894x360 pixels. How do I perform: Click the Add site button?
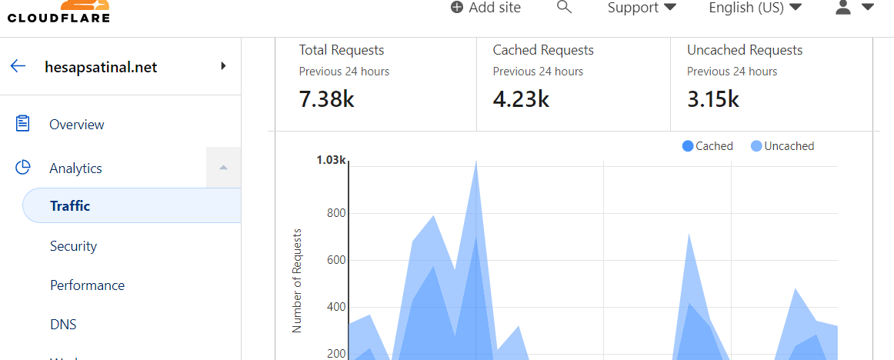(x=485, y=8)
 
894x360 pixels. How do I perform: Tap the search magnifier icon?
(x=564, y=7)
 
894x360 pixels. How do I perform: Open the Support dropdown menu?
(x=642, y=8)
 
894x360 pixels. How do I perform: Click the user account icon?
(x=842, y=7)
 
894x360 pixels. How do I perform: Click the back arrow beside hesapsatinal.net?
(x=18, y=66)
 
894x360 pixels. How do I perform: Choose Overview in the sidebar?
(x=77, y=124)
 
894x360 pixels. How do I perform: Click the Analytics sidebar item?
(x=76, y=168)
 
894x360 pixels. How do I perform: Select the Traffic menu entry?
(x=70, y=205)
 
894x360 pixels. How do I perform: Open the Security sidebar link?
(x=74, y=246)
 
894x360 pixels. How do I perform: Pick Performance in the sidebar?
(x=87, y=285)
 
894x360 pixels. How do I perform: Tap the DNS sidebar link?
(x=63, y=325)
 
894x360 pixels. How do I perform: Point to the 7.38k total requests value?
(x=327, y=99)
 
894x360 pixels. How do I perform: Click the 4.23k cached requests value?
(x=521, y=99)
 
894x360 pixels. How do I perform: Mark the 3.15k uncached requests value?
(x=713, y=99)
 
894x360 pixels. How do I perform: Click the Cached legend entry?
(x=708, y=146)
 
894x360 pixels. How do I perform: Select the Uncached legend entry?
(x=782, y=146)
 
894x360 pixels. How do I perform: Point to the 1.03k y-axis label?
(x=332, y=159)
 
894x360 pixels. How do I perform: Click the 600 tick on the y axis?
(x=335, y=260)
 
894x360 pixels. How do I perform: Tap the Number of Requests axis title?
(x=296, y=281)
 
